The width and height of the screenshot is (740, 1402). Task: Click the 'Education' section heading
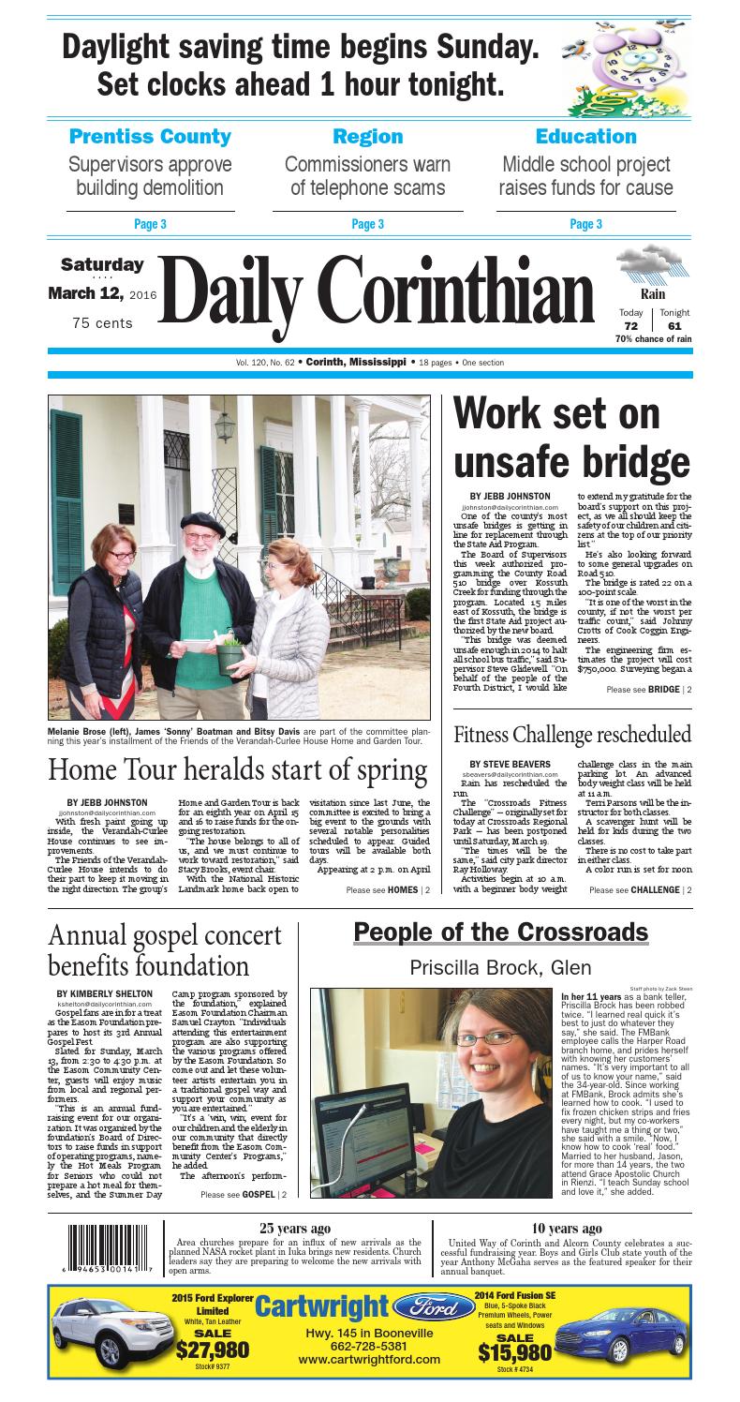[585, 136]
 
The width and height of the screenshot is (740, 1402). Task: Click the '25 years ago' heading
[294, 1229]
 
